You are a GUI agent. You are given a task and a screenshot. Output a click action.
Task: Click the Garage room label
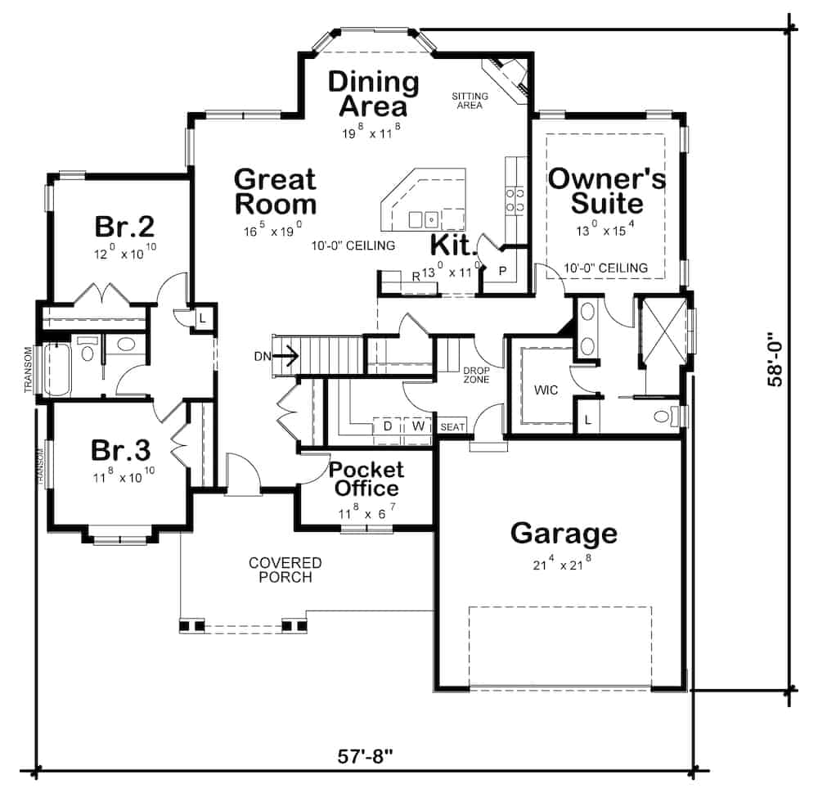click(564, 534)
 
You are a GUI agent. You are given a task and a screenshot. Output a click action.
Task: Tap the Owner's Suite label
click(607, 190)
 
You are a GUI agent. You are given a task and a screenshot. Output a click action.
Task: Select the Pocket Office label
click(366, 479)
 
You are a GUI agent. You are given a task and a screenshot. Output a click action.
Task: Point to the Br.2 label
click(124, 225)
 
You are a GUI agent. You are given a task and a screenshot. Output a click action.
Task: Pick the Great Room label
click(275, 191)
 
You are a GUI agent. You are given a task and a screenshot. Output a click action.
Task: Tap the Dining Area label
click(373, 94)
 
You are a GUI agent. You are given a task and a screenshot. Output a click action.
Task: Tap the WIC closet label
click(546, 390)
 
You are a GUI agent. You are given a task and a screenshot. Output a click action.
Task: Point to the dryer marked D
click(387, 426)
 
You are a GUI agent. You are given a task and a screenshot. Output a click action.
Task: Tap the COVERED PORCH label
click(285, 570)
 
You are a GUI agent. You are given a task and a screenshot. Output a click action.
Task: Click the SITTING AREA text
click(470, 101)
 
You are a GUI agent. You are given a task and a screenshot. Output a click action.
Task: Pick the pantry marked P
click(501, 271)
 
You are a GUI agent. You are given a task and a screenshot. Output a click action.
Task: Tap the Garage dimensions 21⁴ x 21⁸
click(564, 564)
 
